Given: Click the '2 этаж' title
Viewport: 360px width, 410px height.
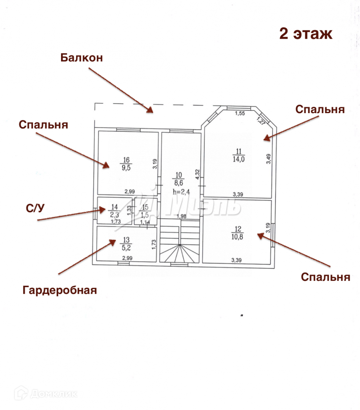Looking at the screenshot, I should click(x=306, y=33).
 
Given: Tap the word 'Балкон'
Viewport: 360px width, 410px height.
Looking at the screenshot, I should click(x=82, y=58).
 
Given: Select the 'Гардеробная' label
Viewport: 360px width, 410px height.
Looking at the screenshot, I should click(x=60, y=290).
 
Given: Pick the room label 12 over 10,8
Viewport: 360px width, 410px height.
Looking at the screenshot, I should click(x=238, y=232).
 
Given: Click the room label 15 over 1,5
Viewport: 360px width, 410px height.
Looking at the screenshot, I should click(x=145, y=210).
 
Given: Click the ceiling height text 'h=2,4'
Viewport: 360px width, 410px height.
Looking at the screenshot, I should click(x=181, y=192).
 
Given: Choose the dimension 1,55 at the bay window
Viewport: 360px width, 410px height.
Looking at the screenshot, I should click(x=239, y=113).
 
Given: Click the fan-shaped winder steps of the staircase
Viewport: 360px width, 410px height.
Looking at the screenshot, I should click(x=179, y=254).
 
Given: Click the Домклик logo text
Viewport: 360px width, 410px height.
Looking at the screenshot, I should click(x=53, y=394).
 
